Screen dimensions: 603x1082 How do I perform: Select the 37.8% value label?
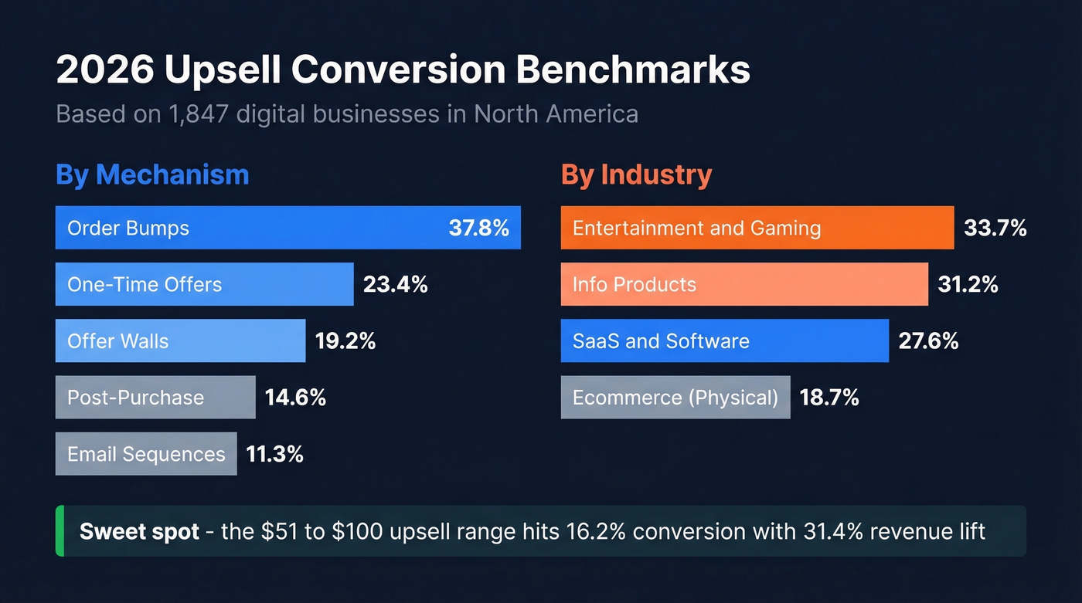(x=478, y=228)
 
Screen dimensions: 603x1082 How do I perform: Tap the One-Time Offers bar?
(x=204, y=284)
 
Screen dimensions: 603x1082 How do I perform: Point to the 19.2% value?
(x=345, y=341)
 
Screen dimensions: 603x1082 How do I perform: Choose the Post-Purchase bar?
(x=155, y=398)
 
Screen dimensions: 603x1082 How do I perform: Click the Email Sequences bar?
(x=146, y=454)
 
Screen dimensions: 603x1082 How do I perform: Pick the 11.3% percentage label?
(x=274, y=454)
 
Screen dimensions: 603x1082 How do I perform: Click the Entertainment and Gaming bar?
(x=757, y=228)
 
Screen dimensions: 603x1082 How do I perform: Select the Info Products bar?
(x=743, y=284)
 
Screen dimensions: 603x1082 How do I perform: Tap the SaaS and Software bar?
(x=724, y=341)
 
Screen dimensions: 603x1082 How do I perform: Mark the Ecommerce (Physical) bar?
(x=675, y=398)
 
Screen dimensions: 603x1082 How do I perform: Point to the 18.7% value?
(x=829, y=398)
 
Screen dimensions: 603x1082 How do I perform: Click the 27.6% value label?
(x=928, y=341)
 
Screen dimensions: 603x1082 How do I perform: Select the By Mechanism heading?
(x=152, y=174)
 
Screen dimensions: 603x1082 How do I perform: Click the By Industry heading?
(x=636, y=174)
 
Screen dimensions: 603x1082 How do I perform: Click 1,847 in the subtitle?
(x=198, y=114)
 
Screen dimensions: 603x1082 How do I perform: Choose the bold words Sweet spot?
(x=139, y=532)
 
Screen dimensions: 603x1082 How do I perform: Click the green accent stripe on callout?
(x=60, y=531)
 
